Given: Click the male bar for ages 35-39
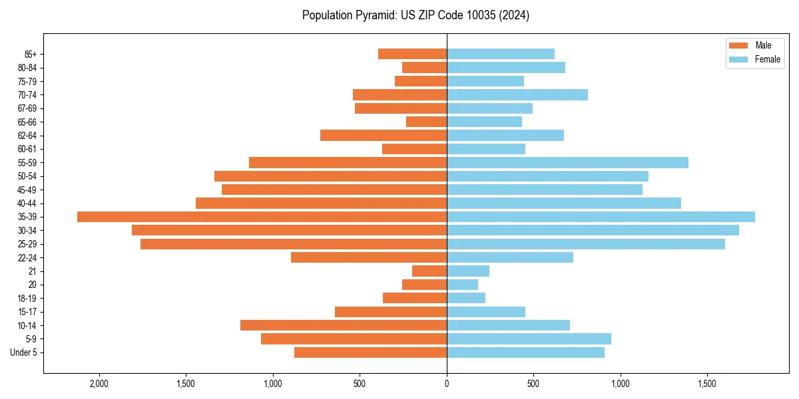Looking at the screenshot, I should (x=262, y=217).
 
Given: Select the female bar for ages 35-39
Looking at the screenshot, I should (x=601, y=217).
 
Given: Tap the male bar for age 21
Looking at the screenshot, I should (x=429, y=271).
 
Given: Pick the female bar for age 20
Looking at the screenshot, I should (x=462, y=285).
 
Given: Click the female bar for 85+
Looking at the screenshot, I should (x=500, y=54).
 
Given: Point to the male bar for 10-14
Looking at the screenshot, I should (x=343, y=325).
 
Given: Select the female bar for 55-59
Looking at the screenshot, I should (x=567, y=162).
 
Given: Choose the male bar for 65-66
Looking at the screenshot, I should (x=426, y=122).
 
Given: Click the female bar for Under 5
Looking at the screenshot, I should (x=525, y=352).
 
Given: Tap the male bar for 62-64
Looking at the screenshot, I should (x=383, y=135).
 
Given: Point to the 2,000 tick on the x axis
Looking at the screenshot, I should (x=99, y=384).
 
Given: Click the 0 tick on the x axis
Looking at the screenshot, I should (x=447, y=384).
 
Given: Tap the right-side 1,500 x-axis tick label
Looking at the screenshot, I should (x=707, y=384).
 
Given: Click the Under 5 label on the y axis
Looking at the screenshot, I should (x=23, y=352).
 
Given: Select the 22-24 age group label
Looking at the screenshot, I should (x=27, y=257).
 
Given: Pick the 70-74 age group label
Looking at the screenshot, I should (x=27, y=94).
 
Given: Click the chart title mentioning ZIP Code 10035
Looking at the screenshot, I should (x=415, y=15).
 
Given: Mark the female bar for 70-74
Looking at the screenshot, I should (x=517, y=94).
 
